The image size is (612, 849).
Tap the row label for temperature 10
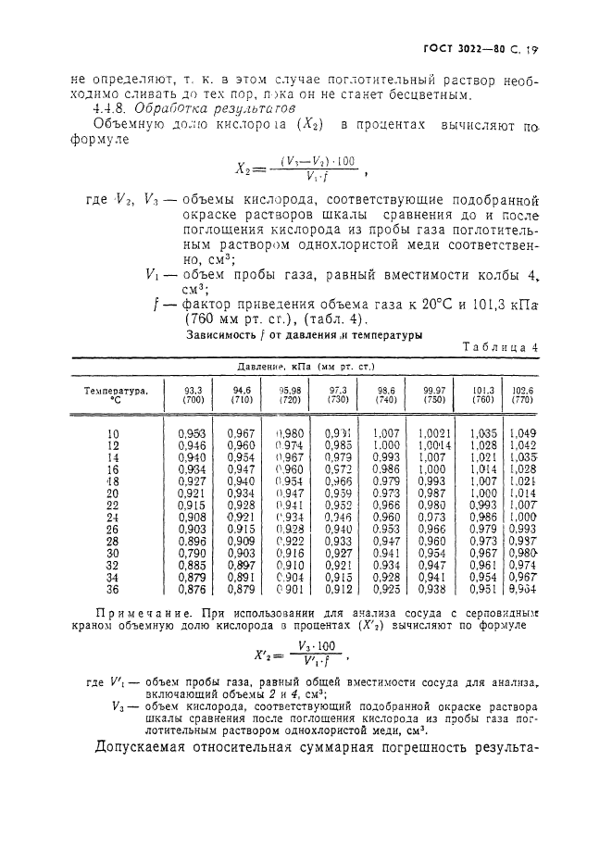[113, 433]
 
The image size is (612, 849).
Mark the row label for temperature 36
[113, 589]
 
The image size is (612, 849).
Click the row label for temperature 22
[113, 505]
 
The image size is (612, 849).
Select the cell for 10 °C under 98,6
[386, 433]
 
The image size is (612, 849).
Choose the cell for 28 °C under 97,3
[338, 541]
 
